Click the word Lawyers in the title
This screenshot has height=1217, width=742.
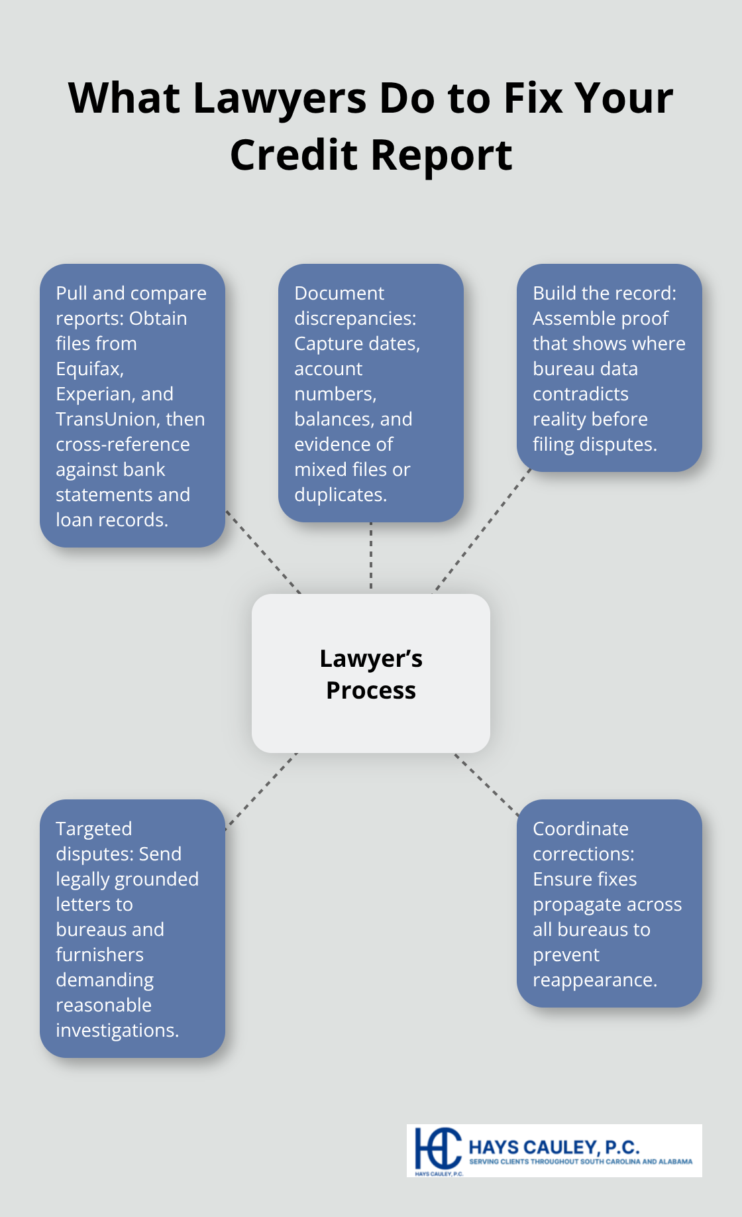[280, 99]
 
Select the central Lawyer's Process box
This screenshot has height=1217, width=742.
[371, 673]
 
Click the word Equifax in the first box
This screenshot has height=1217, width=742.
[89, 369]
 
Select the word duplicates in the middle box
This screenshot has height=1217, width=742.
[340, 494]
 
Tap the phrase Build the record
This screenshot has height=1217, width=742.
[604, 293]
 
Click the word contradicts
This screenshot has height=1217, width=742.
[580, 394]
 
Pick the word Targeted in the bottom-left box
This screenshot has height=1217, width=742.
[94, 829]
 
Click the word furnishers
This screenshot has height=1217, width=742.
[99, 955]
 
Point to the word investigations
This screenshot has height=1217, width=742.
[117, 1030]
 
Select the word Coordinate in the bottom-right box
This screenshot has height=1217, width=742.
[580, 829]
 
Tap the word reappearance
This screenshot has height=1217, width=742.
[594, 980]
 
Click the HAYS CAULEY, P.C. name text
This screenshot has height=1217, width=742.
[554, 1147]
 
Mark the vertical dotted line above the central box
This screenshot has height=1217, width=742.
[371, 557]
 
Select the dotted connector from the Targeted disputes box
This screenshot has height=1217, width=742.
[261, 791]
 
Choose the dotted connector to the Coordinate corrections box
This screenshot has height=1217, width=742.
[486, 784]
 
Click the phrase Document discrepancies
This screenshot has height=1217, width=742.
[355, 306]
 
